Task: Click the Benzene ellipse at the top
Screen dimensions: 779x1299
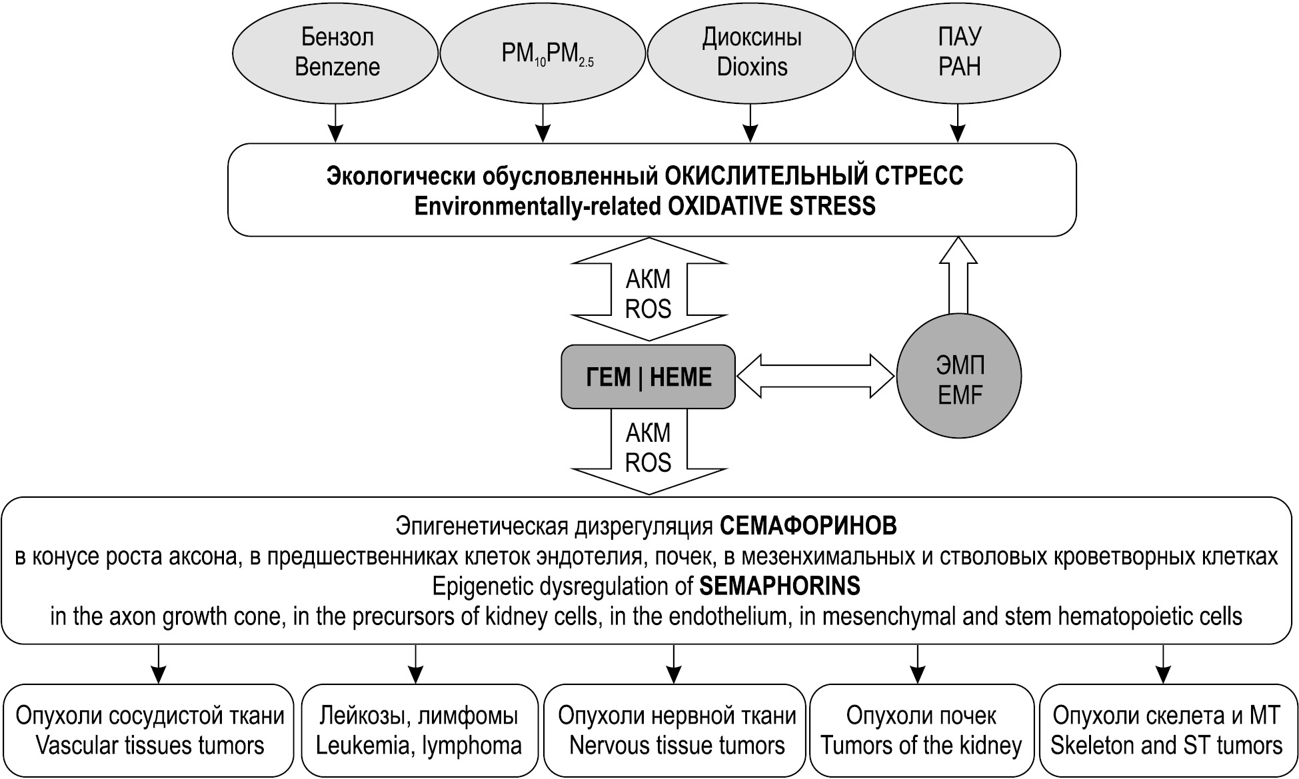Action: coord(337,53)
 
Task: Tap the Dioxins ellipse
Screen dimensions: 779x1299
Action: coord(751,53)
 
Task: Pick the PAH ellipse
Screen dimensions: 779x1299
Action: coord(958,53)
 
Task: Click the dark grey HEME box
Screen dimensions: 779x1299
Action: coord(648,377)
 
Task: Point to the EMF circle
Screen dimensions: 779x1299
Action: coord(958,377)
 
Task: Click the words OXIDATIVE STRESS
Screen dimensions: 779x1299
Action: coord(771,206)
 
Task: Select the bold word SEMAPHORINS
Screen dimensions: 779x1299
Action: coord(779,586)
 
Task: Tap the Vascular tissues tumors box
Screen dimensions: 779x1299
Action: coord(149,730)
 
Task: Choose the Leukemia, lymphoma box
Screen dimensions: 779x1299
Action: coord(419,730)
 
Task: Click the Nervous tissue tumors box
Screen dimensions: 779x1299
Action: coord(676,730)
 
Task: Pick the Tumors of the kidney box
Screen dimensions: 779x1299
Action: coord(920,730)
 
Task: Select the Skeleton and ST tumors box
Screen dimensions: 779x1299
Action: coord(1166,730)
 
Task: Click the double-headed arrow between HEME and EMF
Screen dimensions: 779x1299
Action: coord(815,377)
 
